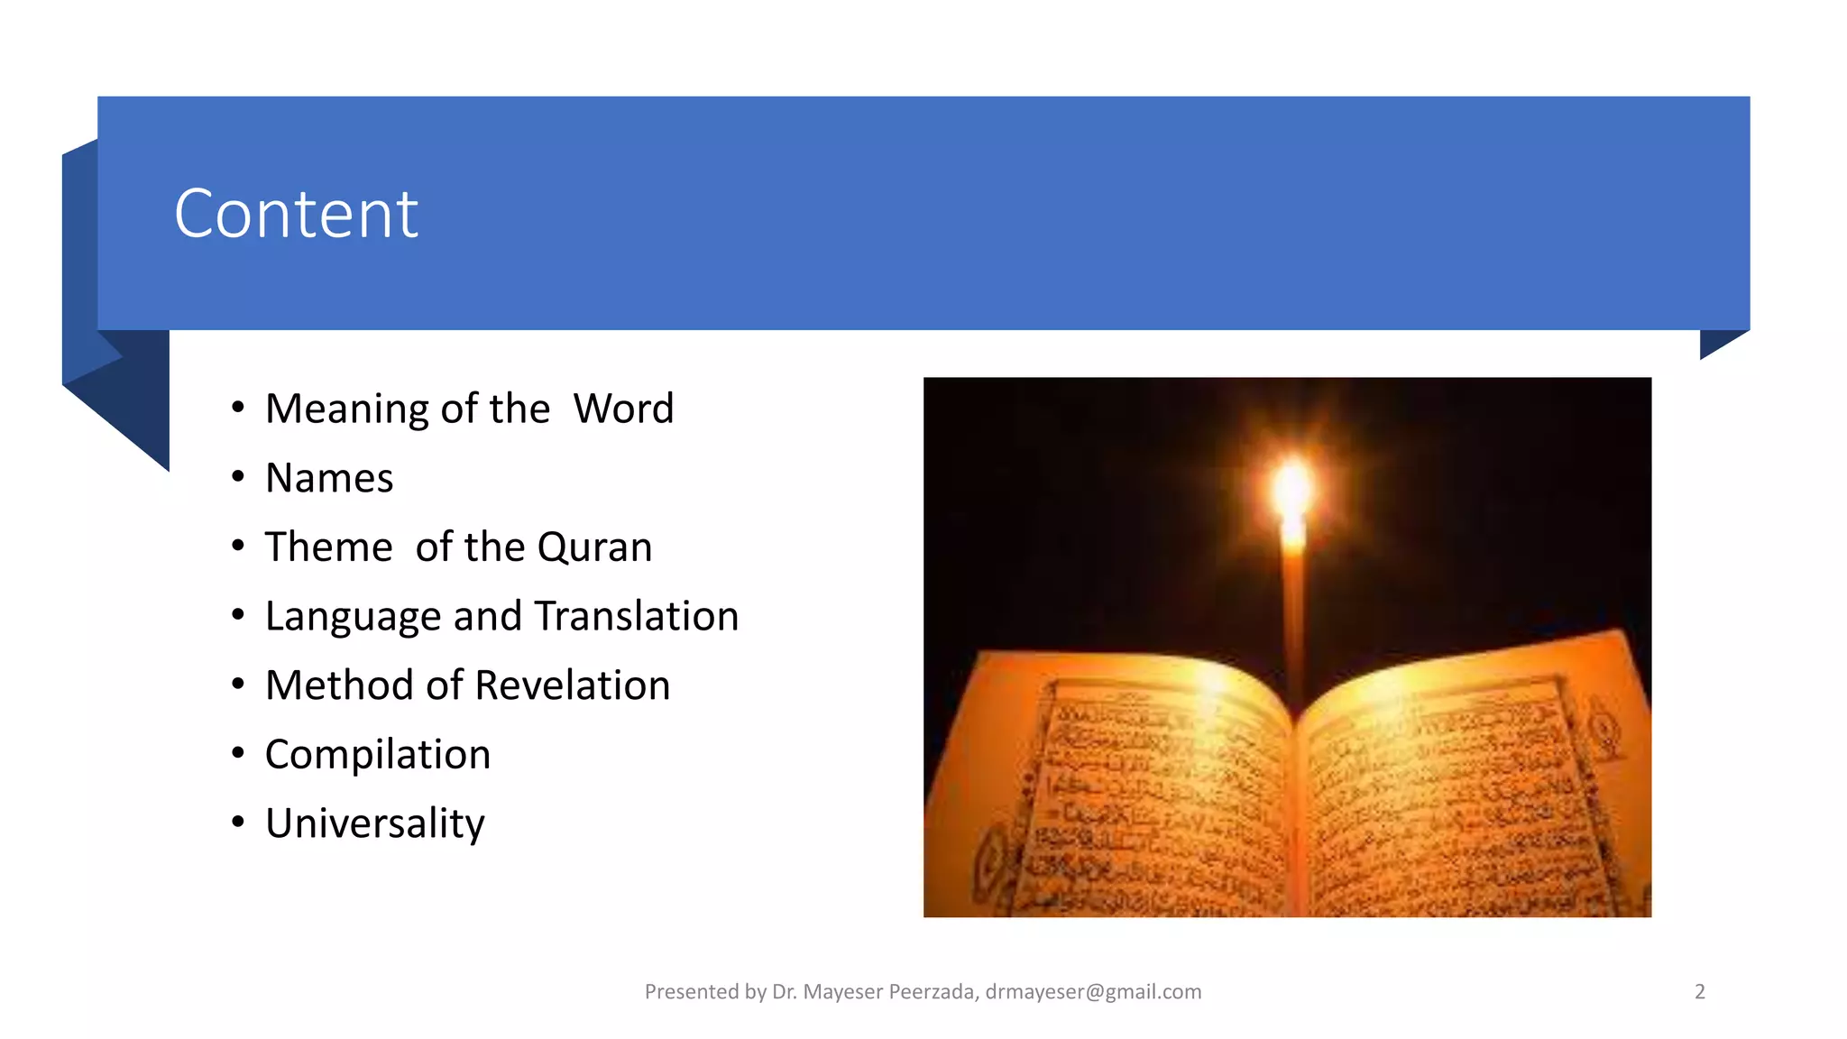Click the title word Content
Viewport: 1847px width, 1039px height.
click(x=296, y=215)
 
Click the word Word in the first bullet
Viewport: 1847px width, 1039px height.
click(x=623, y=409)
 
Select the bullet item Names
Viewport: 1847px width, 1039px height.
click(x=329, y=478)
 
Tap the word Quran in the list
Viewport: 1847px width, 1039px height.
click(x=594, y=547)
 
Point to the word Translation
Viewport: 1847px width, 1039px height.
click(x=636, y=617)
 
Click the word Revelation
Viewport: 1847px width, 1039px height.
click(x=572, y=685)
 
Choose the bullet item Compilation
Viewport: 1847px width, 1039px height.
click(x=377, y=755)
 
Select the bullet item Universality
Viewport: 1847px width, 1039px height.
click(x=374, y=823)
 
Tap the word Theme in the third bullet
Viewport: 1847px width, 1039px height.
click(x=328, y=547)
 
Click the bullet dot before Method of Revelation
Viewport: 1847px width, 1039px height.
click(x=238, y=685)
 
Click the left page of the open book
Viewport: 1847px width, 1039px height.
click(x=1154, y=794)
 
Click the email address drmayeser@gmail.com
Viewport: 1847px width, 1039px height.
click(x=1093, y=992)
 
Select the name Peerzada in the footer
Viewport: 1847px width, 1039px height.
click(x=931, y=992)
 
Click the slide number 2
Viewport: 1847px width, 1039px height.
click(x=1700, y=992)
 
